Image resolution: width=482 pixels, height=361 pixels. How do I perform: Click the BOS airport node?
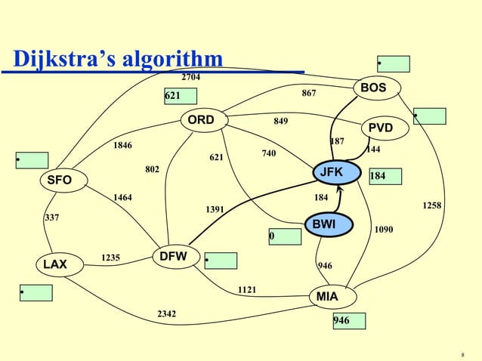pyautogui.click(x=373, y=88)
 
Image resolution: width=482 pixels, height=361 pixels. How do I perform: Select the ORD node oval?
pyautogui.click(x=201, y=120)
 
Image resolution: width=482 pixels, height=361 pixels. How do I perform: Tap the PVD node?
pyautogui.click(x=381, y=128)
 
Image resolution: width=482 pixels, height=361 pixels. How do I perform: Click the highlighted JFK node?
pyautogui.click(x=331, y=173)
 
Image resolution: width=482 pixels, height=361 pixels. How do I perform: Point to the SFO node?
pyautogui.click(x=60, y=180)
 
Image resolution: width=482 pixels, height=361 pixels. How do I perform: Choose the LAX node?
pyautogui.click(x=54, y=264)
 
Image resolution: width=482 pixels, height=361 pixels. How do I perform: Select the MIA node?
pyautogui.click(x=327, y=297)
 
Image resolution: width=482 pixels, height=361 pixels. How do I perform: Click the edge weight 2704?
pyautogui.click(x=191, y=76)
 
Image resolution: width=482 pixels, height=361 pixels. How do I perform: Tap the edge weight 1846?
pyautogui.click(x=122, y=145)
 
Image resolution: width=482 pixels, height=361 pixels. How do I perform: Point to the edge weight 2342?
pyautogui.click(x=167, y=313)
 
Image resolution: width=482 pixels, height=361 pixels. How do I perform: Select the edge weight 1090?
pyautogui.click(x=384, y=229)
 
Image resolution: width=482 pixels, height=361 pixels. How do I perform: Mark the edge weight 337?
pyautogui.click(x=52, y=218)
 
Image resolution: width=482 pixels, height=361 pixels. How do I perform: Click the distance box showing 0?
pyautogui.click(x=285, y=236)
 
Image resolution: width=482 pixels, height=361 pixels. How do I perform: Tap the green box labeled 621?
pyautogui.click(x=180, y=96)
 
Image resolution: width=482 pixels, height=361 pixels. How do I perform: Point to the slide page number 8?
pyautogui.click(x=462, y=353)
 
